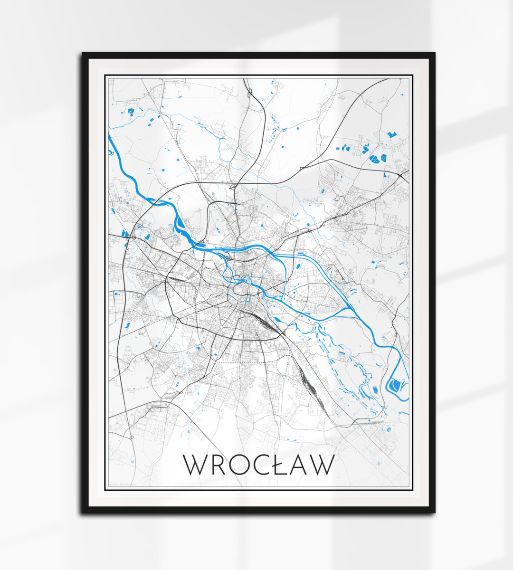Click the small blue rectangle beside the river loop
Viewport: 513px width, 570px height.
click(375, 389)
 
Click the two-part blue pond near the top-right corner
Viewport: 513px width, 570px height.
click(391, 135)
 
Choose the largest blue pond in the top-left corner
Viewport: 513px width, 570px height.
click(131, 112)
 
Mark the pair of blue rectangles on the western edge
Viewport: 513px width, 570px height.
click(125, 233)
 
